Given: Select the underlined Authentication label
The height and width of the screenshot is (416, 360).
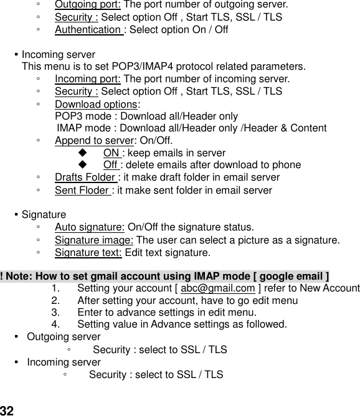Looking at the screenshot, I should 89,29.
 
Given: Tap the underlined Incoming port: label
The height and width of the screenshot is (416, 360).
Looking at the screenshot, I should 88,79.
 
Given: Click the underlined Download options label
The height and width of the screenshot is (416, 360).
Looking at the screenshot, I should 96,104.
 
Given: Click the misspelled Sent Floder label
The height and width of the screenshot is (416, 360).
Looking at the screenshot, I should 83,190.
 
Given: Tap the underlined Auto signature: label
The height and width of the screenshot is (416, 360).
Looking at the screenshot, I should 90,227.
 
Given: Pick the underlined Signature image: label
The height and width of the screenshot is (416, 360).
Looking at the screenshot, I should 94,240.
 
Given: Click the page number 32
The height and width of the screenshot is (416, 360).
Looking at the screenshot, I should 7,410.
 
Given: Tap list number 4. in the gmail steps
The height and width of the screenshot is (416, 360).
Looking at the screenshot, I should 56,324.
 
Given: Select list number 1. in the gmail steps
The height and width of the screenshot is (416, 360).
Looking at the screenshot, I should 56,288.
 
